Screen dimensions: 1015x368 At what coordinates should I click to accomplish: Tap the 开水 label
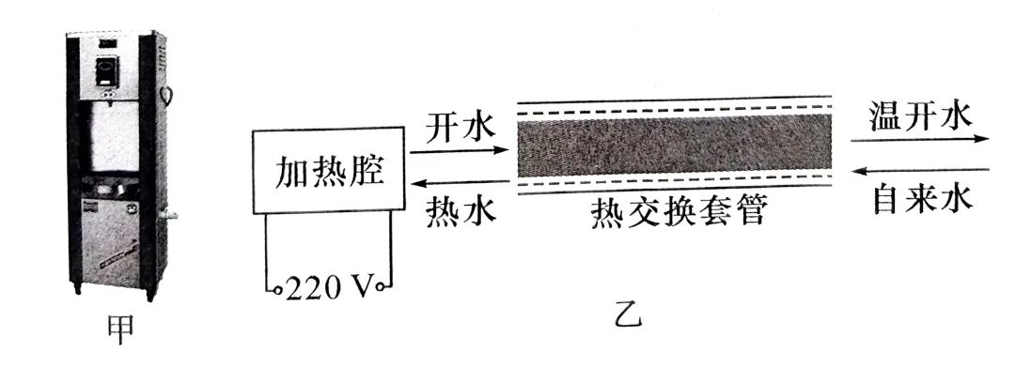tap(460, 127)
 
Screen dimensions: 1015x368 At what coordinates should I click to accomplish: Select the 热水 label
tap(460, 207)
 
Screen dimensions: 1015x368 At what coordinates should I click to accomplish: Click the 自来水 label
tap(920, 199)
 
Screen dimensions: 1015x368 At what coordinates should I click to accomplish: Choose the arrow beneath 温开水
tap(919, 139)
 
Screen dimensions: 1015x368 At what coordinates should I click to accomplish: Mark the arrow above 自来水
tap(919, 170)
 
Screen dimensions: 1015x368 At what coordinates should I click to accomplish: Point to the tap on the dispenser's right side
tap(170, 215)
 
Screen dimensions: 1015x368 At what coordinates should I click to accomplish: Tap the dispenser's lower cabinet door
tap(117, 239)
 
